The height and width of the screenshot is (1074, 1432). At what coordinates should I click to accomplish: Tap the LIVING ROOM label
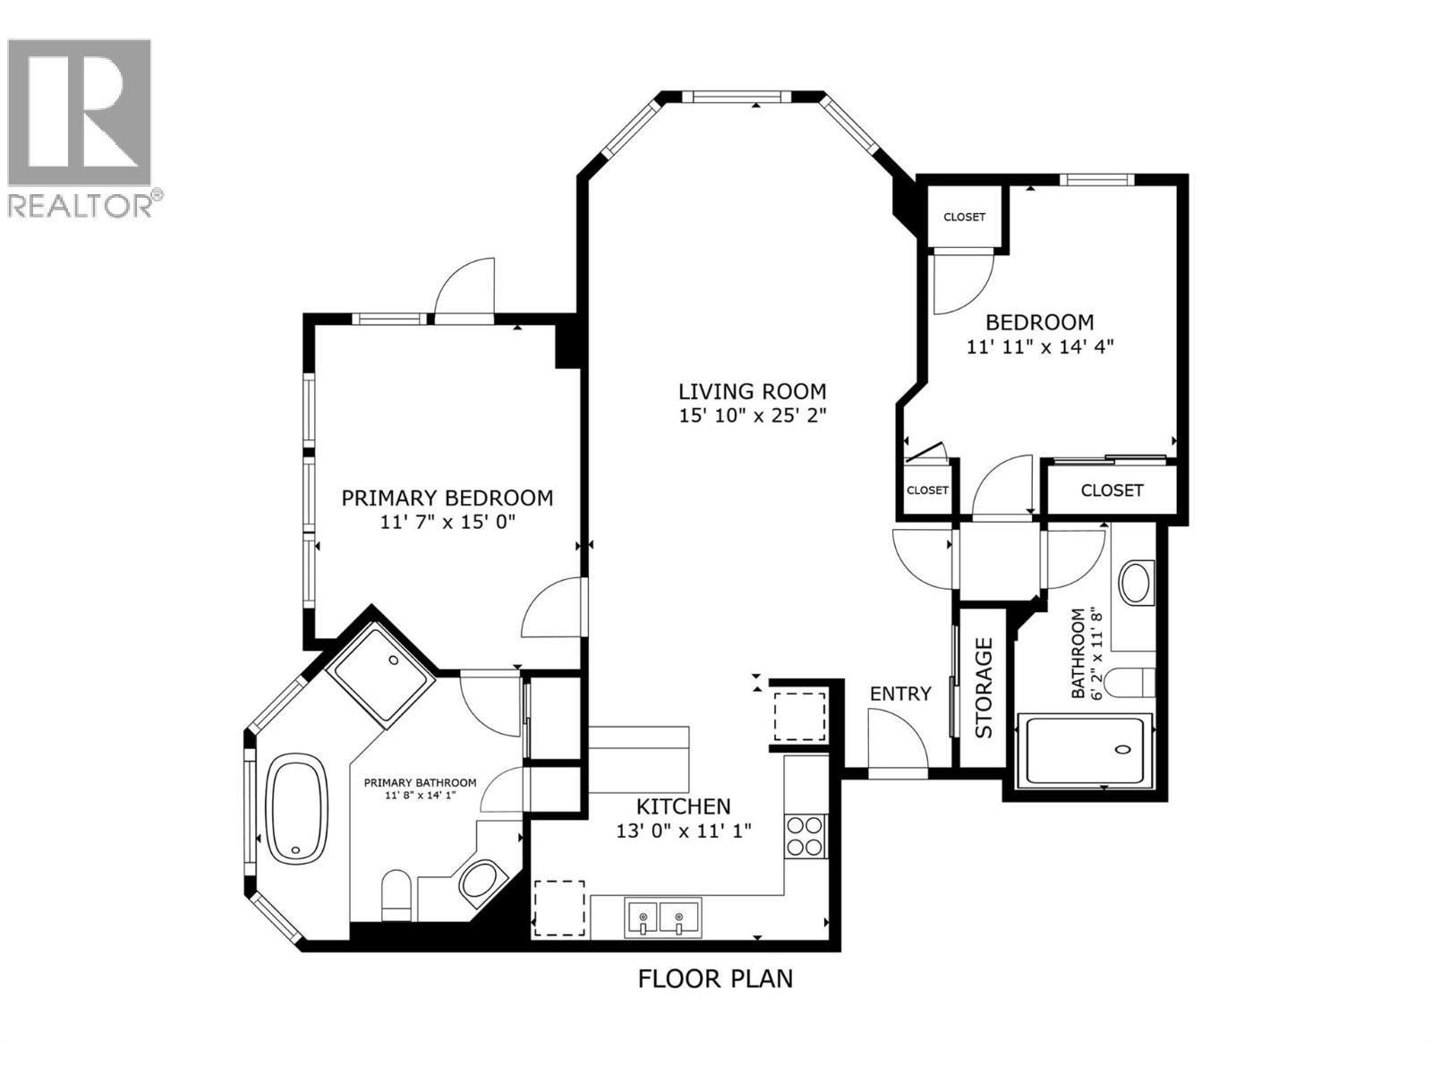point(752,391)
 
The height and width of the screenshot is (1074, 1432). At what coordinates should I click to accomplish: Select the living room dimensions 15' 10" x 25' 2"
point(752,416)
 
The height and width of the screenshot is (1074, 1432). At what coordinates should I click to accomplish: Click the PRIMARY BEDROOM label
point(447,498)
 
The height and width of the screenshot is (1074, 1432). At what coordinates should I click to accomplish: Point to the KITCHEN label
point(684,805)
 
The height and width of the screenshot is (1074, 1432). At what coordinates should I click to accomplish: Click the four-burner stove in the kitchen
point(805,836)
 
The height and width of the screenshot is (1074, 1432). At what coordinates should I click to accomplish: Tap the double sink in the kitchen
point(663,917)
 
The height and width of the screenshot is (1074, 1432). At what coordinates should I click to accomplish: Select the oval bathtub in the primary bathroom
point(296,809)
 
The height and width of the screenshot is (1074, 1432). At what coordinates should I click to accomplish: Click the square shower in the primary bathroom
point(380,674)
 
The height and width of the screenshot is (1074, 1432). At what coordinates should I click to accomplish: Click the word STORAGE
point(984,687)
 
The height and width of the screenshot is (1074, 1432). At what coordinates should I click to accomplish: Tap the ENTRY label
point(900,694)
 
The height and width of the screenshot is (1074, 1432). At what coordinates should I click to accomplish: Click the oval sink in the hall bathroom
point(1136,582)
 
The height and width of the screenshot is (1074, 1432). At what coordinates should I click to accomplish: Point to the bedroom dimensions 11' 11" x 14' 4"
point(1039,346)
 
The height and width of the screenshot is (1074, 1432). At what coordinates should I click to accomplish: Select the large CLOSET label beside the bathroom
point(1112,490)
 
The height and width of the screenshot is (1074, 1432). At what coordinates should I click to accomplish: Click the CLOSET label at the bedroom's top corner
point(964,217)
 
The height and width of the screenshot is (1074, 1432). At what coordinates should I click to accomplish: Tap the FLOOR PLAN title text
point(715,978)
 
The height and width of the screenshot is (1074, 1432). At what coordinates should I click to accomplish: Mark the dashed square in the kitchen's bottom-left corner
point(560,908)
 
